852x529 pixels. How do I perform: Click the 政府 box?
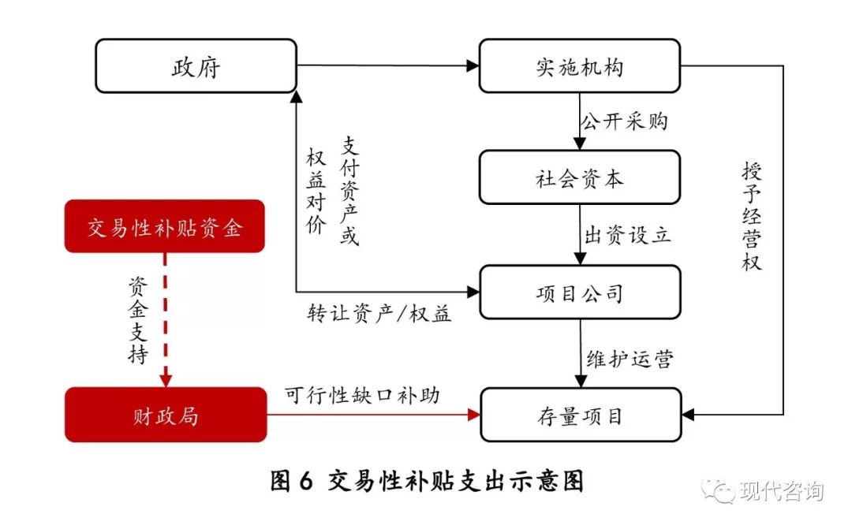point(196,66)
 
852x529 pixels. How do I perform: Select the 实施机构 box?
point(579,66)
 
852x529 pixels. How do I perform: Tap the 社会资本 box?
point(579,178)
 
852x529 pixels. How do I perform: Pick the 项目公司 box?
point(579,292)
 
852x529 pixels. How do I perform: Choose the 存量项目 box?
point(579,415)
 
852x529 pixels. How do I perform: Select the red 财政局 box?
point(164,415)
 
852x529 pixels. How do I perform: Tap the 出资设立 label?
point(627,235)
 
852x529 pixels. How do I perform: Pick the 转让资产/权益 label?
point(379,314)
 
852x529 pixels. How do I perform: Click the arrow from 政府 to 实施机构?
point(387,66)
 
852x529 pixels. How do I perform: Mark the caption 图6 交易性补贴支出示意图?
point(427,481)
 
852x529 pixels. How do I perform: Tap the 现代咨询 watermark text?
point(781,491)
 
